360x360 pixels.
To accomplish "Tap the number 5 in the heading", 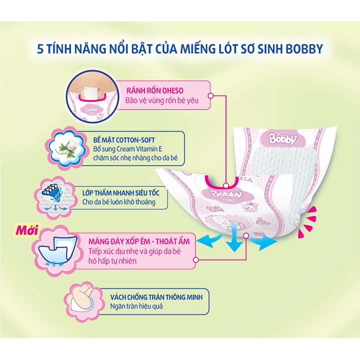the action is click(x=40, y=49).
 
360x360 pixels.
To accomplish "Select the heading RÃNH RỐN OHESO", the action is click(x=155, y=90).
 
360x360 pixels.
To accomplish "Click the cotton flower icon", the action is click(x=67, y=149).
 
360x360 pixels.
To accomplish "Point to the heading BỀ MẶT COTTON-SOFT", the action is click(x=124, y=140).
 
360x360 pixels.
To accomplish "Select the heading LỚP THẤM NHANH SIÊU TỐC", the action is click(x=121, y=193).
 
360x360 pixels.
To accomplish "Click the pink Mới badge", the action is click(x=26, y=230).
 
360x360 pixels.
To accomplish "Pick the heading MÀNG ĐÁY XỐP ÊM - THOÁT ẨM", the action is click(x=139, y=241).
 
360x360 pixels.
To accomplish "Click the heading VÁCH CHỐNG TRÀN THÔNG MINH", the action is click(x=156, y=297).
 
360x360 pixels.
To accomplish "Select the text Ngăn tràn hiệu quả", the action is click(x=136, y=306).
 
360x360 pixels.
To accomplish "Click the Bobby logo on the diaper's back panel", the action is click(x=283, y=138).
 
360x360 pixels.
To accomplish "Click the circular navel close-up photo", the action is click(x=93, y=95).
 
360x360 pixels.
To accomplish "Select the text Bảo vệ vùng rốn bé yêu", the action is click(x=162, y=100).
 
